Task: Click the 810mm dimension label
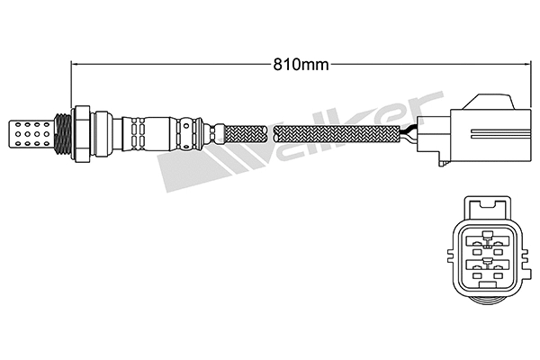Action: (x=300, y=64)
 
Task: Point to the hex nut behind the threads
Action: (x=80, y=132)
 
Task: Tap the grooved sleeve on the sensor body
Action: (x=135, y=132)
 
